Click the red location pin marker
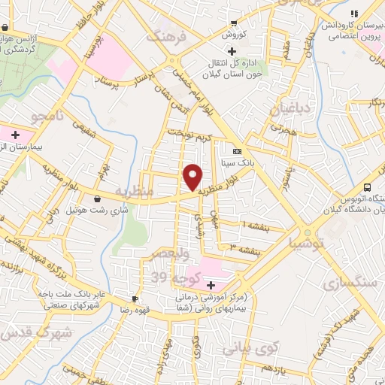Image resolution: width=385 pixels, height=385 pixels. (193, 177)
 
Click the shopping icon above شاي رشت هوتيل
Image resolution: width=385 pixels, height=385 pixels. (99, 199)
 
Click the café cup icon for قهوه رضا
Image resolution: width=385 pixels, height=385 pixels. (135, 298)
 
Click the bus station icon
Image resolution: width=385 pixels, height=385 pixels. (367, 186)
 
